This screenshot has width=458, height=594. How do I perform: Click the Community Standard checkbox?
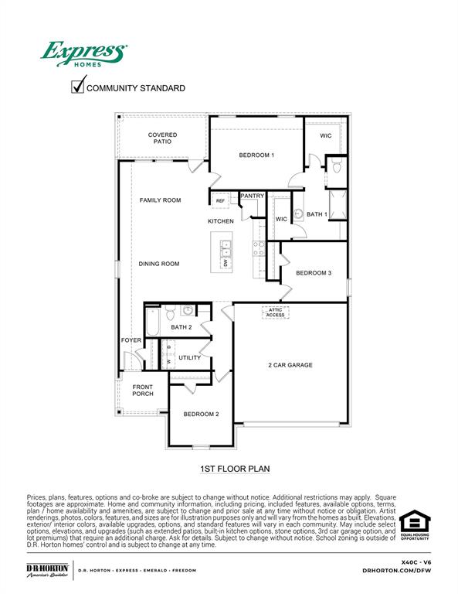pos(77,87)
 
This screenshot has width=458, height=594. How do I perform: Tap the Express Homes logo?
pos(83,55)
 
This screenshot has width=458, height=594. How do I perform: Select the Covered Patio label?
pos(162,138)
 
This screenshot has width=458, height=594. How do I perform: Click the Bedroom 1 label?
pos(256,155)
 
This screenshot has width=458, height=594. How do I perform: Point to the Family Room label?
pos(160,200)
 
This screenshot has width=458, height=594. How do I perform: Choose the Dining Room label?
pos(159,264)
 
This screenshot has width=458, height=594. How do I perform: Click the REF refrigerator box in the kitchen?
pos(220,201)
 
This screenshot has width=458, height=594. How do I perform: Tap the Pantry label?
pos(252,196)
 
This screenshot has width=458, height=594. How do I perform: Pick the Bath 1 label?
pos(317,214)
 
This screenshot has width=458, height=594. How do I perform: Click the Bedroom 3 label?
pos(314,272)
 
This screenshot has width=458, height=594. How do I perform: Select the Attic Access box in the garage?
pos(276,312)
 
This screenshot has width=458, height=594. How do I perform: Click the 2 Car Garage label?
pos(290,365)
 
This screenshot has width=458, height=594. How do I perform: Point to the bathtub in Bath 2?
pos(151,323)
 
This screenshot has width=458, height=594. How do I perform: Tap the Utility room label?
pos(189,357)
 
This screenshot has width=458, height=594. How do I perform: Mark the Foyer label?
pos(131,340)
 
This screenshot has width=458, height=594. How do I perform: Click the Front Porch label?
pos(143,391)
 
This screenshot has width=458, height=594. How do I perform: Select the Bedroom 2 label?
pos(201,414)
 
